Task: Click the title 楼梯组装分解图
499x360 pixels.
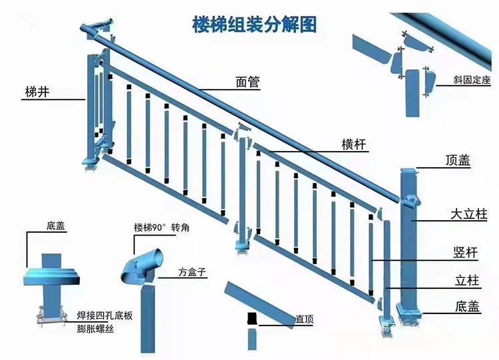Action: click(253, 25)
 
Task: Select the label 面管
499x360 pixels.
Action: click(248, 83)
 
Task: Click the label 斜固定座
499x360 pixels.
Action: click(472, 81)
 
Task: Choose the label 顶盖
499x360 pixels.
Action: click(458, 160)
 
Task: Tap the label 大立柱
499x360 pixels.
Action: click(468, 214)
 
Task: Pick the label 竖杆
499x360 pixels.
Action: click(464, 252)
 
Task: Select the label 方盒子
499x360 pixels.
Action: click(192, 272)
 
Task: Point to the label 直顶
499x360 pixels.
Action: click(305, 319)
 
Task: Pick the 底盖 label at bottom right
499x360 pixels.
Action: click(468, 307)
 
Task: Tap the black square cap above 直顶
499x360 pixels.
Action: click(251, 317)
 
